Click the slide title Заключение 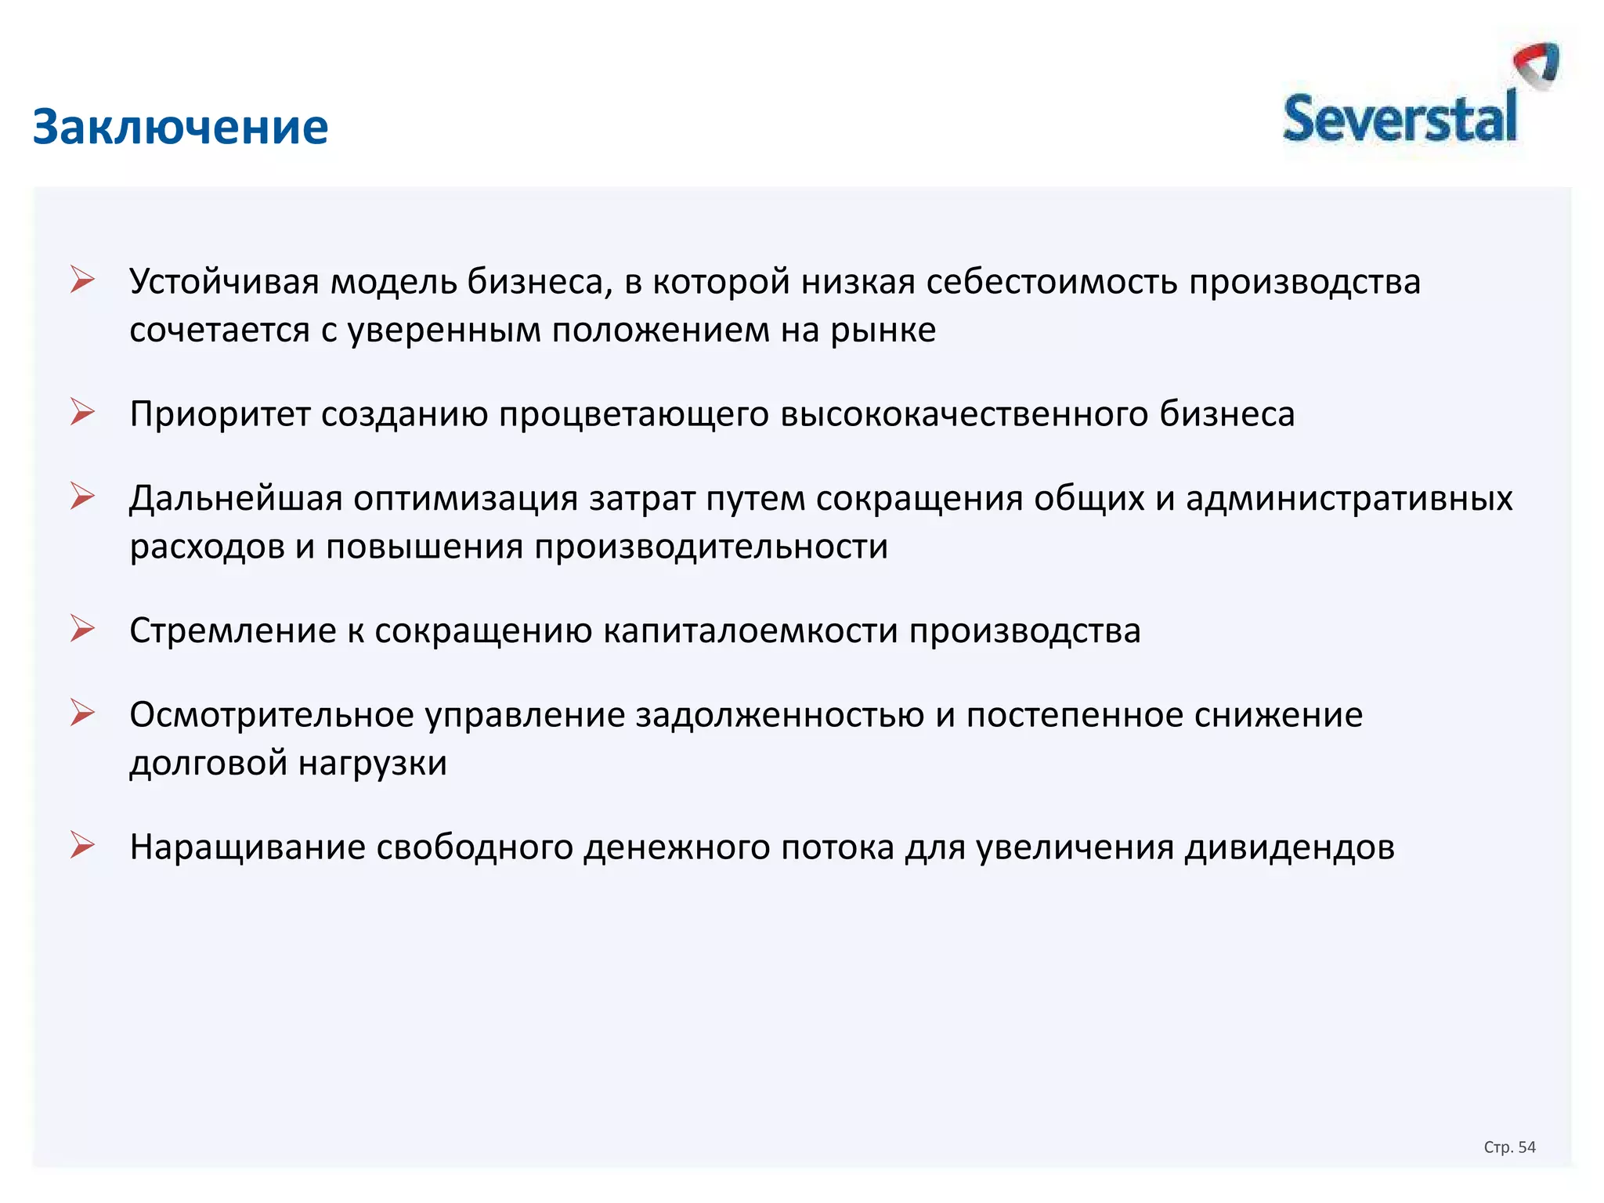pos(180,127)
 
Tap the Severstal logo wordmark pos(1400,120)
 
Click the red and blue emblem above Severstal pos(1537,66)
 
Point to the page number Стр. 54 pos(1509,1147)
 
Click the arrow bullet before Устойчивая pos(82,280)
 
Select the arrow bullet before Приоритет pos(82,412)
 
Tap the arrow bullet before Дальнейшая pos(82,496)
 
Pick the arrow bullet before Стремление pos(82,629)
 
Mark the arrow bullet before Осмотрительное pos(82,713)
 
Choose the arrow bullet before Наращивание pos(82,846)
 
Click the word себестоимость pos(1051,282)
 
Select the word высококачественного pos(964,414)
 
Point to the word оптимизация pos(465,499)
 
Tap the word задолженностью pos(779,716)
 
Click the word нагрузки pos(372,764)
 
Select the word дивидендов pos(1289,848)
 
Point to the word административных pos(1349,499)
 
